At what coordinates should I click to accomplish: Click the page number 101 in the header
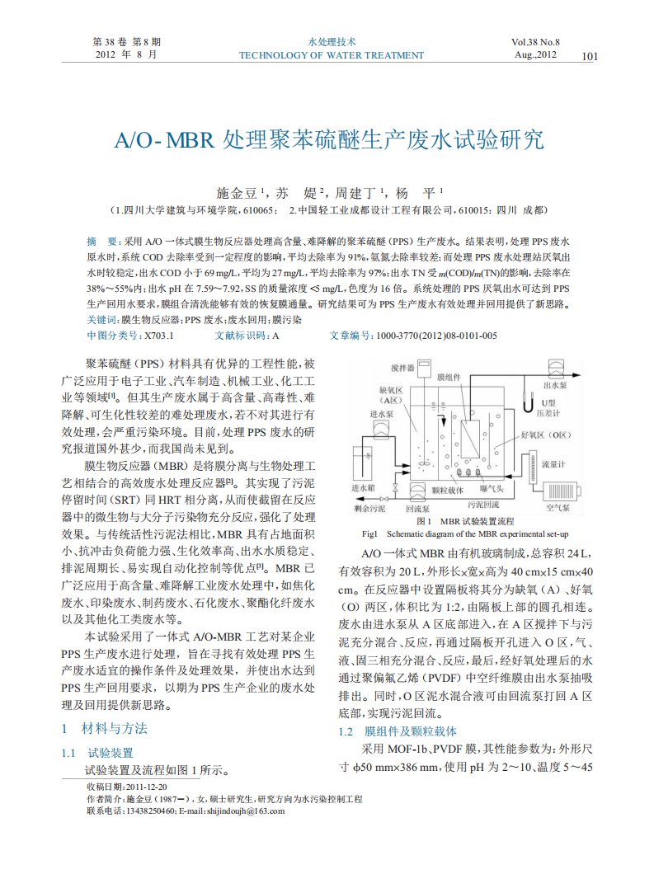(589, 56)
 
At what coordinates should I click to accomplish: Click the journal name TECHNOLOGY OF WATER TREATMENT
(331, 55)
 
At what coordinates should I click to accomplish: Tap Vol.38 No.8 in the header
(535, 41)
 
